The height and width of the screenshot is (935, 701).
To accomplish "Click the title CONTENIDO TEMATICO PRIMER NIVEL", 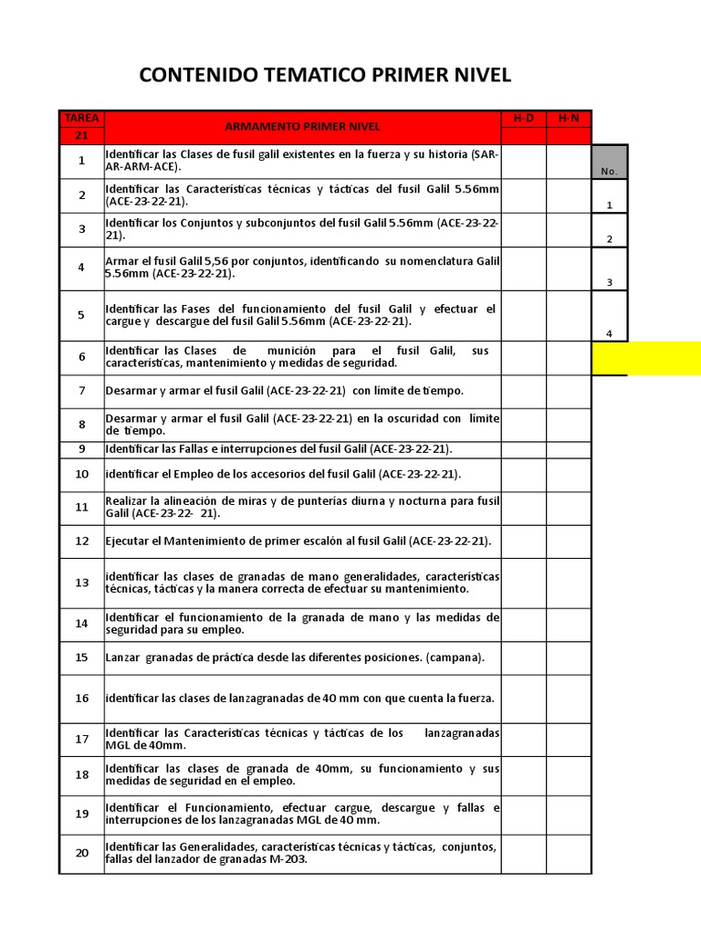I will pos(325,75).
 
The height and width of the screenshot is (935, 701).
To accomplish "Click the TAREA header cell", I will pos(81,119).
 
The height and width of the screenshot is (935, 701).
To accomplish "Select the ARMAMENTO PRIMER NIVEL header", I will pos(302,127).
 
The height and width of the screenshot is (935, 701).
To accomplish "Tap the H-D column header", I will pos(523,119).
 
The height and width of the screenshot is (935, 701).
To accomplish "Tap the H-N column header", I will pos(569,119).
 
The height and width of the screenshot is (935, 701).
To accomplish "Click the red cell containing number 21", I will pos(81,135).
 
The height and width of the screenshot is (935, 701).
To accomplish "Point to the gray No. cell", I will pos(609,162).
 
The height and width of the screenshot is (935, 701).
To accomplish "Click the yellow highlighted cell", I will pos(646,358).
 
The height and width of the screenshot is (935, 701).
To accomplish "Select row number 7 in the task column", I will pos(81,391).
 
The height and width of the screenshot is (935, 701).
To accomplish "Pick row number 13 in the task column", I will pos(81,583).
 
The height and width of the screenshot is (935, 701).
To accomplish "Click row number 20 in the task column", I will pos(81,853).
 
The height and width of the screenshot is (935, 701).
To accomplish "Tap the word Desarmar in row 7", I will pos(131,391).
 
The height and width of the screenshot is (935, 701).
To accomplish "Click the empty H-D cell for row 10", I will pos(523,474).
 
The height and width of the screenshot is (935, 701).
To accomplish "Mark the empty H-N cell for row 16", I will pos(569,699).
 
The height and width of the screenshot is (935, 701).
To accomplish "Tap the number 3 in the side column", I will pos(609,282).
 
